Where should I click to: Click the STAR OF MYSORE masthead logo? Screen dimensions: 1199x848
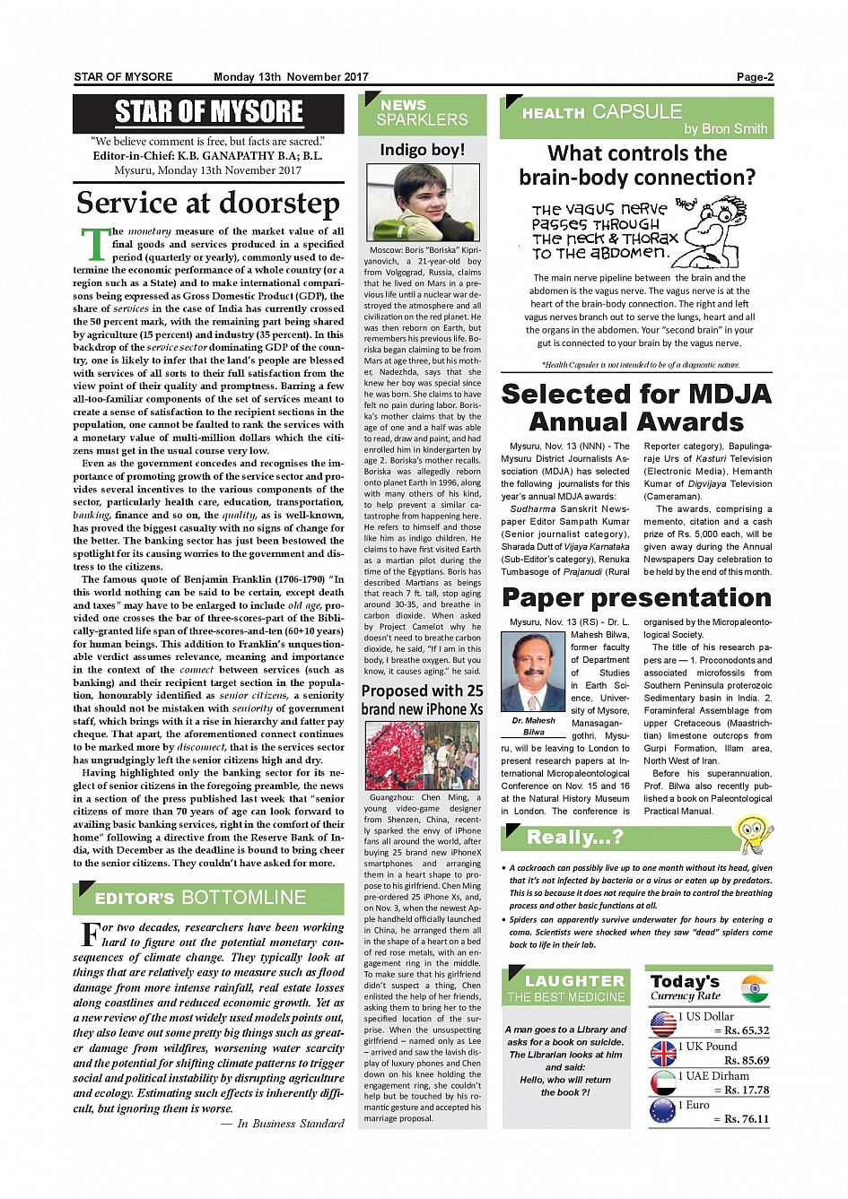[208, 112]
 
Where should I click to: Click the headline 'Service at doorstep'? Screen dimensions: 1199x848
[208, 203]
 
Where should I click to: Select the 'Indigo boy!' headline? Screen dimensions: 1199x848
[422, 150]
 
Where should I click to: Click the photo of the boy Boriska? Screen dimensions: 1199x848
[422, 203]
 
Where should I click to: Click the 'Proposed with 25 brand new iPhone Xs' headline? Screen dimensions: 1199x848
[422, 699]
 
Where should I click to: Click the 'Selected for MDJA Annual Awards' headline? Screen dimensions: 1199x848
[636, 407]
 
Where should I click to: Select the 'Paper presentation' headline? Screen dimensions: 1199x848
[636, 597]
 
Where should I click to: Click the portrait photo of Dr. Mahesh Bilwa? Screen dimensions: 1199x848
[533, 671]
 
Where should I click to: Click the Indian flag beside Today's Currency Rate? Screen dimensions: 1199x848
[756, 988]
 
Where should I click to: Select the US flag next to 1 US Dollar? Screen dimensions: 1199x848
[663, 1023]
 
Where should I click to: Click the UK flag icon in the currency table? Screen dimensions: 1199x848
[663, 1053]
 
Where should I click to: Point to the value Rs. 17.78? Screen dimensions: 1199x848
[746, 1090]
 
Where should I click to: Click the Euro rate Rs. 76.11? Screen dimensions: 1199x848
[746, 1118]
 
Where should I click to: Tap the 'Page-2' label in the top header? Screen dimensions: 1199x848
[755, 77]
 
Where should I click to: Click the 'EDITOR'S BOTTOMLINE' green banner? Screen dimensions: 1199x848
[208, 898]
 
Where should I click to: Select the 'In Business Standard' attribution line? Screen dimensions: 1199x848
[290, 1123]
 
